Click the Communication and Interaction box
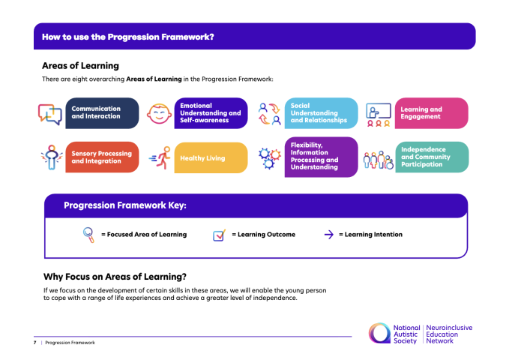coord(102,113)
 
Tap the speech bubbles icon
coord(50,114)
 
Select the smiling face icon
coord(159,113)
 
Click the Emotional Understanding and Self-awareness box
coord(211,113)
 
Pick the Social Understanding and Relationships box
coord(321,113)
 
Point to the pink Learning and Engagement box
coord(432,113)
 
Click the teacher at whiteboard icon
coord(379,115)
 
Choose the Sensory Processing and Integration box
coord(102,157)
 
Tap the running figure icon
coord(160,157)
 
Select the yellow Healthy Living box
coord(211,157)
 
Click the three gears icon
coord(269,158)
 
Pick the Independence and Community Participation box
coord(432,157)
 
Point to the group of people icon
coord(378,160)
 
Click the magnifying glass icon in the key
coord(88,235)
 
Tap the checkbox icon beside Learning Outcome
coord(219,235)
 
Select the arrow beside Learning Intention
coord(329,235)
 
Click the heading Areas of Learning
coord(80,66)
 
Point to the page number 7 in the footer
coord(34,343)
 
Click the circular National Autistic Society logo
coord(379,333)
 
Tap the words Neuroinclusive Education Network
coord(449,334)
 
